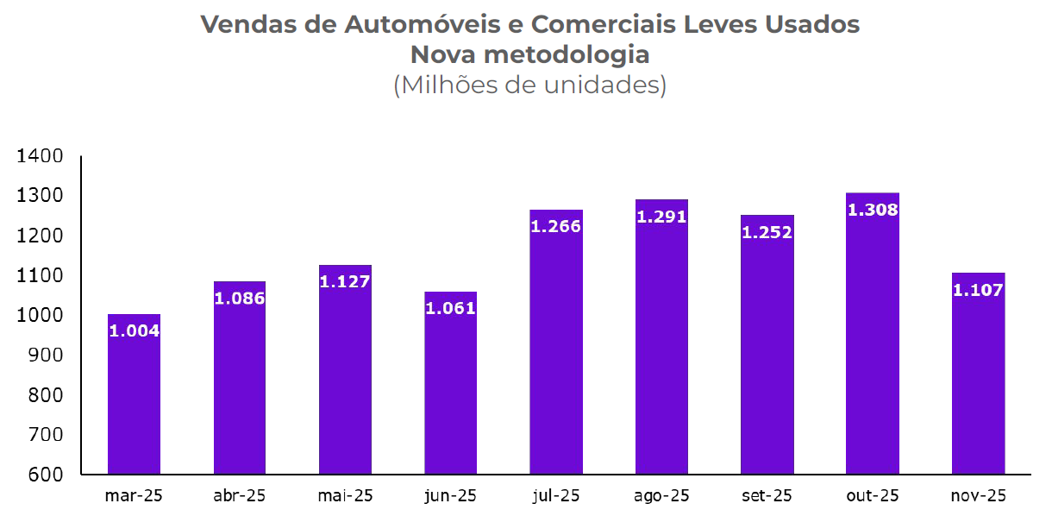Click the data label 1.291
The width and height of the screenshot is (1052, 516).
[661, 217]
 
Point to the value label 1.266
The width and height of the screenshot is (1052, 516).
[556, 227]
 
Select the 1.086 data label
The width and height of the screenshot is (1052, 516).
[240, 299]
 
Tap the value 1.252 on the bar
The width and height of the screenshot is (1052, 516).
[767, 232]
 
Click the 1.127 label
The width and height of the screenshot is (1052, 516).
[345, 281]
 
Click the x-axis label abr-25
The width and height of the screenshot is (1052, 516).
[239, 496]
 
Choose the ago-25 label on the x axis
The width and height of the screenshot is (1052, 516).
[661, 496]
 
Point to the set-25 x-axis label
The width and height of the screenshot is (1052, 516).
[767, 496]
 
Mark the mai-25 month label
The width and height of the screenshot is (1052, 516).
[345, 496]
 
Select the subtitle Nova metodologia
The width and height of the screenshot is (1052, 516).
[529, 55]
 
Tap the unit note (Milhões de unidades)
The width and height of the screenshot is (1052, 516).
[529, 85]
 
